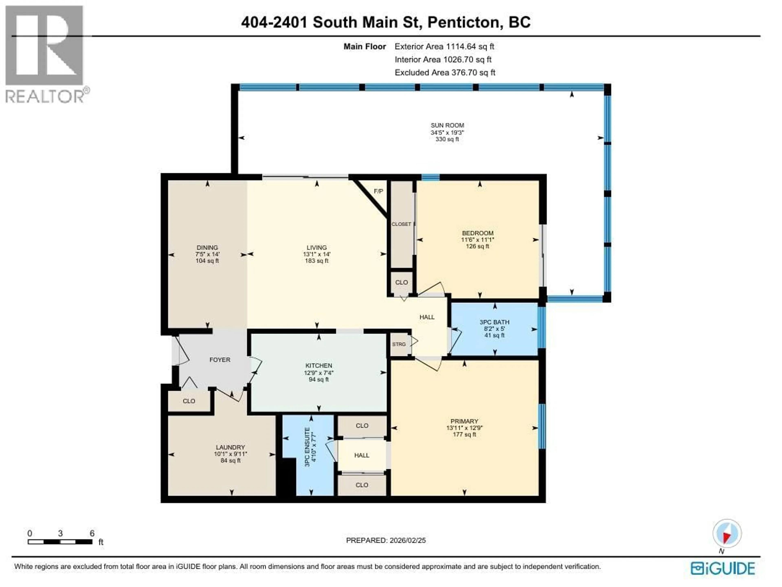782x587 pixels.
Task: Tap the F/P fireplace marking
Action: click(378, 191)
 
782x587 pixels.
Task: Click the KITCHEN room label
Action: click(319, 365)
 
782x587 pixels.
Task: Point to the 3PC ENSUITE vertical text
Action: click(307, 447)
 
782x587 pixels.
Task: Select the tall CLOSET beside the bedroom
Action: click(401, 224)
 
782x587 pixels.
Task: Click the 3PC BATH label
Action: click(494, 322)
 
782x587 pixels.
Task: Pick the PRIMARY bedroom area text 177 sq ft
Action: click(464, 434)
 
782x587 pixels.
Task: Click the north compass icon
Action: click(727, 534)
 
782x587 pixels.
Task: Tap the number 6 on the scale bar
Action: click(92, 533)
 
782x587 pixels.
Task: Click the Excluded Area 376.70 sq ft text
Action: click(445, 72)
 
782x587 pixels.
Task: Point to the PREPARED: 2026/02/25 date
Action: click(386, 540)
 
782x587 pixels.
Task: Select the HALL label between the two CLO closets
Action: click(362, 455)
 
